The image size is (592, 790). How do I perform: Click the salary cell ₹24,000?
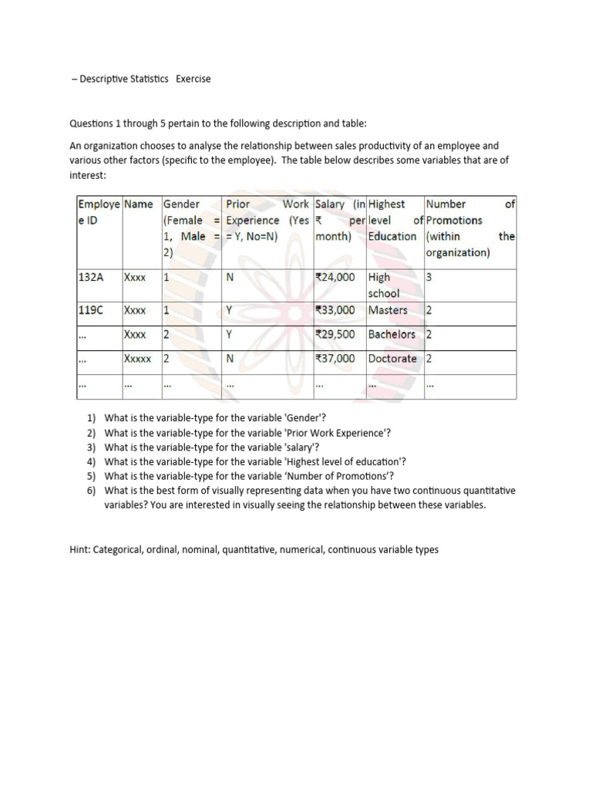pos(335,278)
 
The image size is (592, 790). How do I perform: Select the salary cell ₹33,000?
pos(335,311)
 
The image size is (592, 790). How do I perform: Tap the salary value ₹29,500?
pos(335,335)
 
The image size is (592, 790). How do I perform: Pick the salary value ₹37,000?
pos(335,359)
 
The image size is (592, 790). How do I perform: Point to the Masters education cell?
pos(388,311)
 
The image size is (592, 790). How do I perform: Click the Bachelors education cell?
pos(392,335)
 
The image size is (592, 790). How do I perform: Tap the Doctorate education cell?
pos(392,359)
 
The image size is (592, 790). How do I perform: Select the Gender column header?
pos(181,204)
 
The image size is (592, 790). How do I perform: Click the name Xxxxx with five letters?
pos(137,359)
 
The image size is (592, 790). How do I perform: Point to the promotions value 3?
pos(429,278)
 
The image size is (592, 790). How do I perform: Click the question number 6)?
pos(91,491)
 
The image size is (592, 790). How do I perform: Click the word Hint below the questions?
pos(80,550)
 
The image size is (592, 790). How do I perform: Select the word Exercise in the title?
pos(193,79)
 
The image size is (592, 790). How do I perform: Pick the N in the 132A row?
pos(230,278)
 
